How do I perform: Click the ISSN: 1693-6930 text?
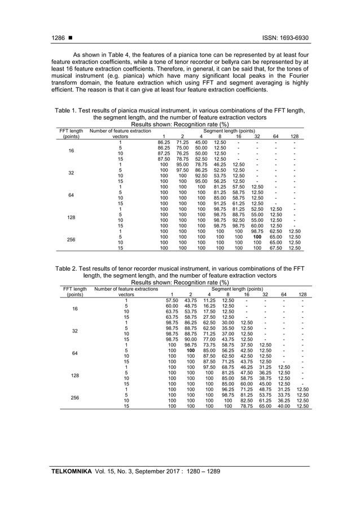[x=287, y=38]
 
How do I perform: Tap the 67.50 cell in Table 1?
[x=276, y=247]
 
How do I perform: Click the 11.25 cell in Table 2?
[x=209, y=301]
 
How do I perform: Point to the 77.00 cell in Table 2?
[x=209, y=339]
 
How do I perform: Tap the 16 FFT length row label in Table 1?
[x=71, y=151]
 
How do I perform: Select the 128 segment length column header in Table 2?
[x=302, y=294]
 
